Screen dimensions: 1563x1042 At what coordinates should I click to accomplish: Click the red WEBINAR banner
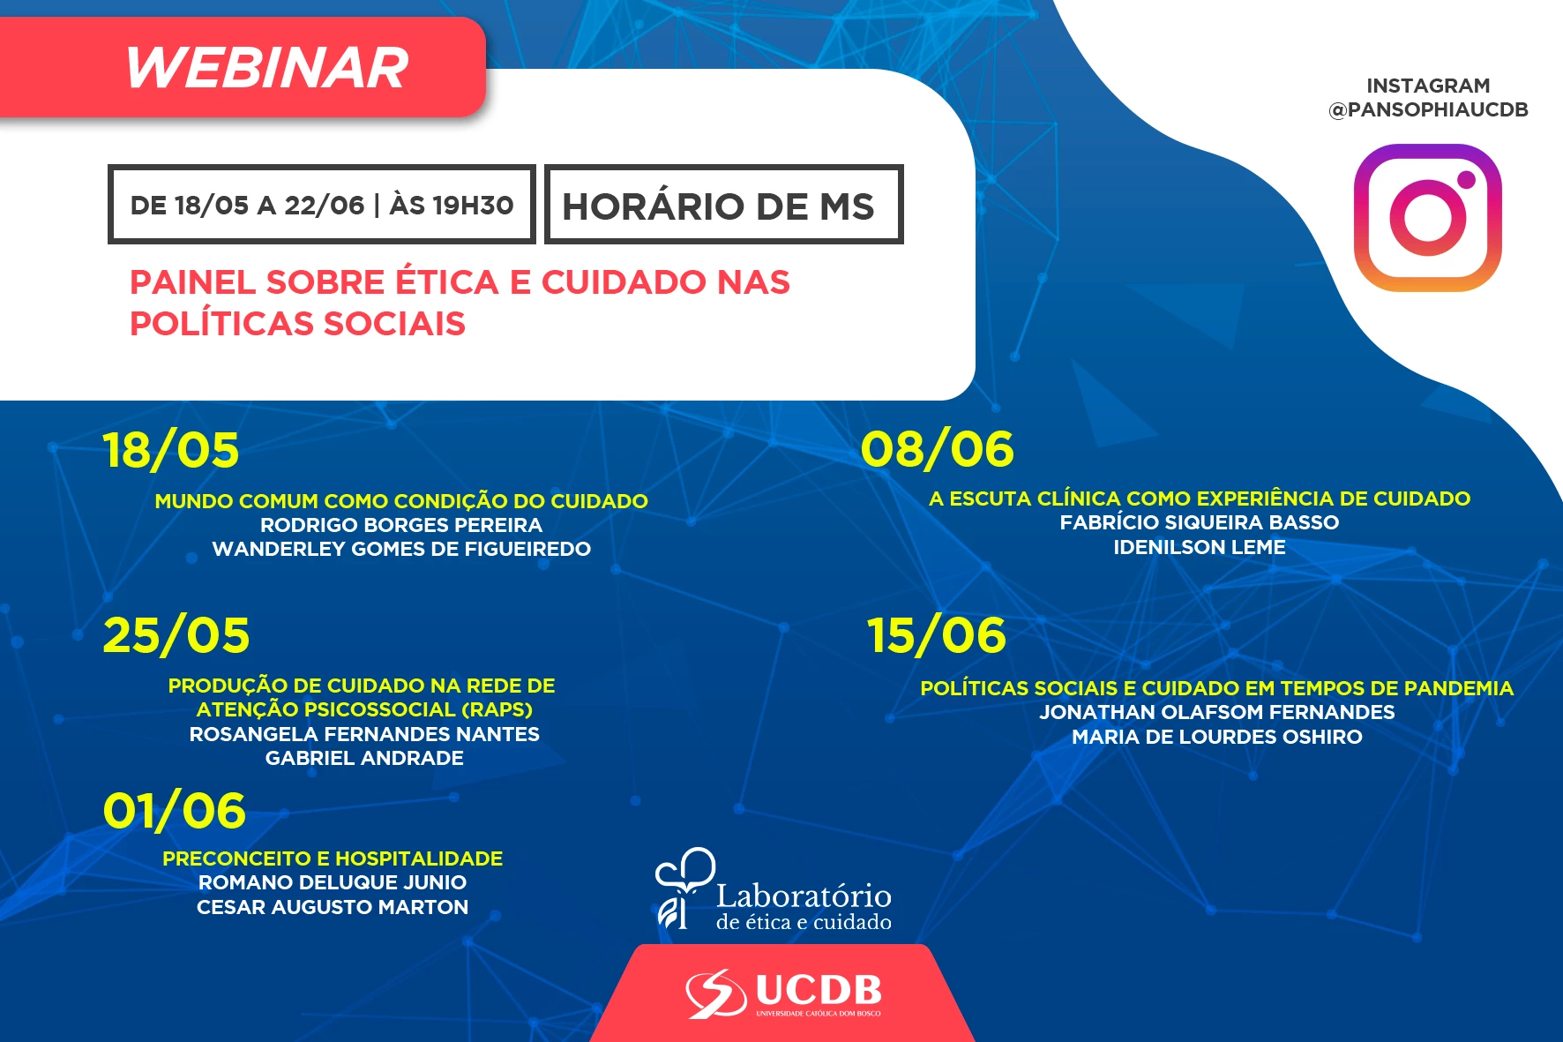pos(243,67)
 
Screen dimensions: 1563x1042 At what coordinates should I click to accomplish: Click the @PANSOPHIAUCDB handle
pos(1428,109)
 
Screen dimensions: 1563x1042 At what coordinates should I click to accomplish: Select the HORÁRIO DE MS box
pos(723,204)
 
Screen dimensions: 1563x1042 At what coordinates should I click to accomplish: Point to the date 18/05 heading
pos(171,450)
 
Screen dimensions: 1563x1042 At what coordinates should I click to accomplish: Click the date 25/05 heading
pos(176,635)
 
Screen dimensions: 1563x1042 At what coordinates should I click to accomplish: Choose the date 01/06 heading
pos(174,811)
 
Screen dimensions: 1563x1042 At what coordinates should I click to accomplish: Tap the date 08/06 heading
pos(938,449)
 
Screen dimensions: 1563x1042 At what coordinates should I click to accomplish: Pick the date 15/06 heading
pos(936,635)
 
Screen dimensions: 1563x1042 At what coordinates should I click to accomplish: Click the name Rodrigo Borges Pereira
pos(401,525)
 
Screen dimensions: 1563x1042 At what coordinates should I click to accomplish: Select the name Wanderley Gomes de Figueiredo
pos(401,549)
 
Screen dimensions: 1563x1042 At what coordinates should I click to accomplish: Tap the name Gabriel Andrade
pos(364,758)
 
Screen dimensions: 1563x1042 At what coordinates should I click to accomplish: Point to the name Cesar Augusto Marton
pos(333,907)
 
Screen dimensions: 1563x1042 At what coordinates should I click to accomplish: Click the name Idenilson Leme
pos(1200,547)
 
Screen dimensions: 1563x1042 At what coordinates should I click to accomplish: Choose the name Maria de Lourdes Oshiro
pos(1217,737)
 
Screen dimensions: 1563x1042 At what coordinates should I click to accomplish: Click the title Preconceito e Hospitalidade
pos(333,858)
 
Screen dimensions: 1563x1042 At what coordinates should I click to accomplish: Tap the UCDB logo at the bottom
pos(784,994)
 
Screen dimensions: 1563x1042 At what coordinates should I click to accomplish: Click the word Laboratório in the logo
pos(804,896)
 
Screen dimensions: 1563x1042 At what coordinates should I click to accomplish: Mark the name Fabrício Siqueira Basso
pos(1200,522)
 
